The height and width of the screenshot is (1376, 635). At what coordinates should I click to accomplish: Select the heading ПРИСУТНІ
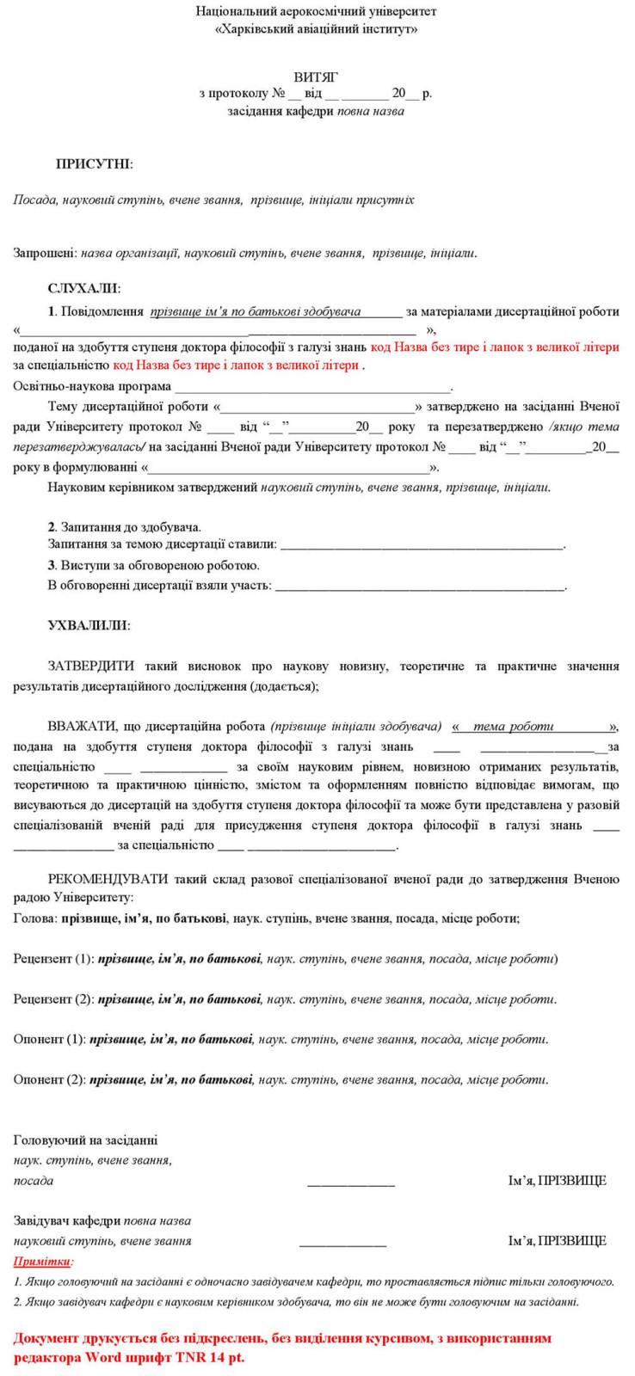(94, 164)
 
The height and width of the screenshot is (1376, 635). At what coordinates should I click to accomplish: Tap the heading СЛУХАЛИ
(83, 289)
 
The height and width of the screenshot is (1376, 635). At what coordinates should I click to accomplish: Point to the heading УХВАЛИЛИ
(89, 625)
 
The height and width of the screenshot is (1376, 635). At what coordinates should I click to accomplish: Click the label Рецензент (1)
(53, 959)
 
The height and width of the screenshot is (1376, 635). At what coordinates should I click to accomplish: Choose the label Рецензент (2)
(53, 999)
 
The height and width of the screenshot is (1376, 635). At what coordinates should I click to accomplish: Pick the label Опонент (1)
(49, 1039)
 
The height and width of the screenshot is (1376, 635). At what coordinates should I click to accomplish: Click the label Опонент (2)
(49, 1079)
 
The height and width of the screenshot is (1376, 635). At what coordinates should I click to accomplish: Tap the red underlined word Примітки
(43, 1262)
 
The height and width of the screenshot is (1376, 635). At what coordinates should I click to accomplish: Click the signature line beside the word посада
(351, 1185)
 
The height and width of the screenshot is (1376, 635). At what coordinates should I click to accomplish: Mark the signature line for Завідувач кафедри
(342, 1245)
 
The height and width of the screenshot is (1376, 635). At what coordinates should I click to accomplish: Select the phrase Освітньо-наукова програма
(92, 386)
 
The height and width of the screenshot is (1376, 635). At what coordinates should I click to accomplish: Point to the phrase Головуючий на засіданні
(85, 1140)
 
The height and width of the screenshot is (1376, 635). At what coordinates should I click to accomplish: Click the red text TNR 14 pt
(210, 1358)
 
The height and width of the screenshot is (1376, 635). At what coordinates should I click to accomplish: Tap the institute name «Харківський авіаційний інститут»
(316, 29)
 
